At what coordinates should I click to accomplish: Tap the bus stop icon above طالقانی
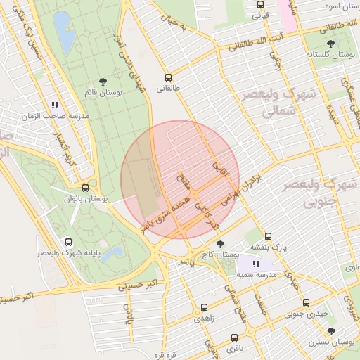pyautogui.click(x=168, y=77)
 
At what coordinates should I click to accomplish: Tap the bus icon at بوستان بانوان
pyautogui.click(x=85, y=188)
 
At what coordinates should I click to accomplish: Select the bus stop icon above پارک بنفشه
pyautogui.click(x=268, y=236)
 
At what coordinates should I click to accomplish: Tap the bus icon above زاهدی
pyautogui.click(x=204, y=307)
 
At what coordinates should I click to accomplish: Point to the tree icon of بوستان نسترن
pyautogui.click(x=331, y=330)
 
